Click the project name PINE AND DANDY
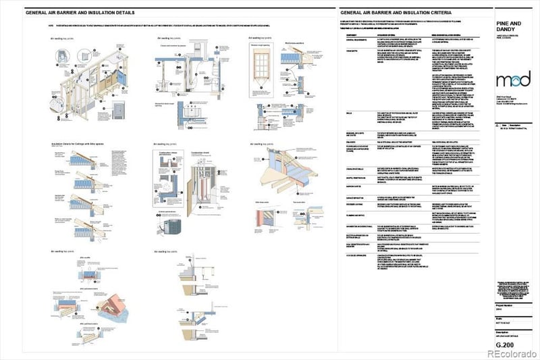pos(504,26)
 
